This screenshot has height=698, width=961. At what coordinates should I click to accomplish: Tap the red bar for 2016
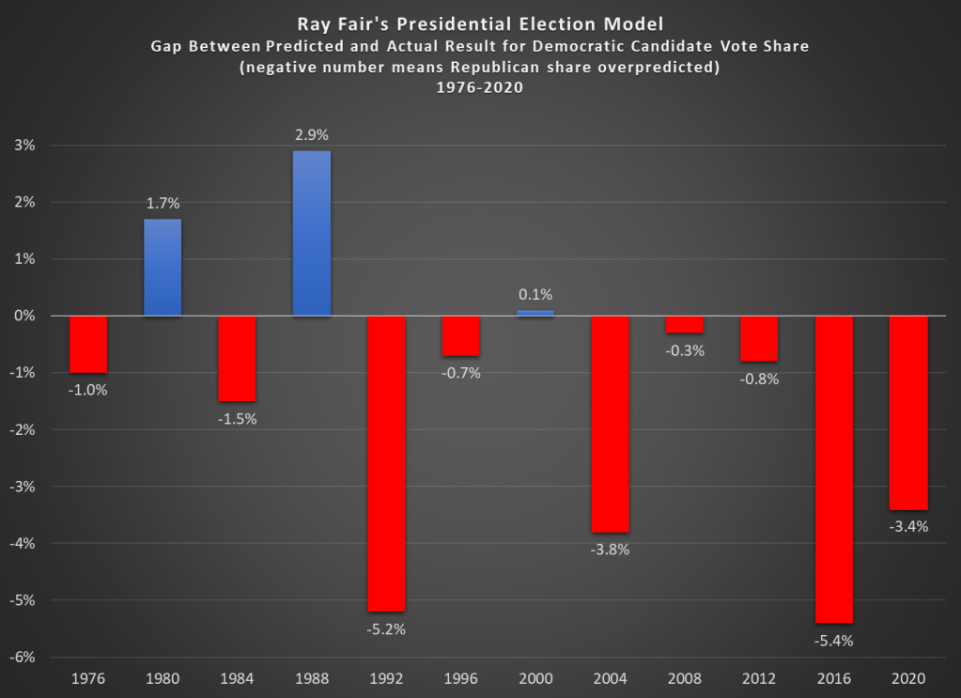pyautogui.click(x=833, y=469)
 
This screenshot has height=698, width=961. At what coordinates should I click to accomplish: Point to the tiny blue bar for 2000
pyautogui.click(x=535, y=313)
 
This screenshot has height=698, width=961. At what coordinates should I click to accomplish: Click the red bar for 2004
pyautogui.click(x=610, y=424)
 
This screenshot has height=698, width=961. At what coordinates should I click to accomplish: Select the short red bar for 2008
pyautogui.click(x=685, y=324)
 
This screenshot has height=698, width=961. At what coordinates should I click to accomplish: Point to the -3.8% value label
pyautogui.click(x=610, y=550)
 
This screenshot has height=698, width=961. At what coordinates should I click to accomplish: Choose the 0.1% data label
pyautogui.click(x=535, y=295)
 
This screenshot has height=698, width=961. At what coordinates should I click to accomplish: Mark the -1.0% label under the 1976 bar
pyautogui.click(x=88, y=390)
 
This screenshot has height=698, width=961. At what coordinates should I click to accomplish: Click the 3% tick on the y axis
pyautogui.click(x=24, y=146)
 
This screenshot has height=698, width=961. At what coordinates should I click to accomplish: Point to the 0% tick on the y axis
pyautogui.click(x=24, y=317)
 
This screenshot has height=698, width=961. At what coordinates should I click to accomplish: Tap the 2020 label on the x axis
pyautogui.click(x=908, y=678)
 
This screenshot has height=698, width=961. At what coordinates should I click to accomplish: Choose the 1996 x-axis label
pyautogui.click(x=461, y=678)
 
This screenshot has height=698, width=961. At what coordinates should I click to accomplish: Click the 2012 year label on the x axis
pyautogui.click(x=759, y=678)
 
